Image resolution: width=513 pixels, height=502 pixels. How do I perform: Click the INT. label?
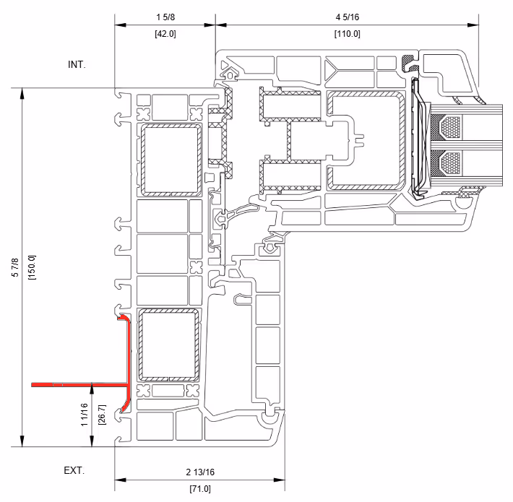77,64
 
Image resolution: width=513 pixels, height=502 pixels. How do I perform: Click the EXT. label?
74,470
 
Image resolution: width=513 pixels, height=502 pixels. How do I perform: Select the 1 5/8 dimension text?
165,16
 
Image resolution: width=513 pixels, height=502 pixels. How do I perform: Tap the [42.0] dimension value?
165,34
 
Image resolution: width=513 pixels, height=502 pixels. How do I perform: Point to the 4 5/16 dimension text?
347,16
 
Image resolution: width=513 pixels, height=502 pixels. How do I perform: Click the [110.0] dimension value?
347,34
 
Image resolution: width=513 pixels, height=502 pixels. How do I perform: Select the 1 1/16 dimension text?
86,416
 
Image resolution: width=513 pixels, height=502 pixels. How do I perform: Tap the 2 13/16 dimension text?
199,472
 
